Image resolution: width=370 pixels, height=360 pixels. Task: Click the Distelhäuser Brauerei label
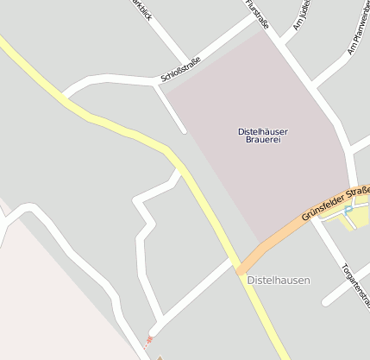263,135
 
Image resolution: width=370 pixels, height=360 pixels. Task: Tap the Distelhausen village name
278,281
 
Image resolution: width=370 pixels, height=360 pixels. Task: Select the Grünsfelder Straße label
336,204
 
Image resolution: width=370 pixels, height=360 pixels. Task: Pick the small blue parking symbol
348,210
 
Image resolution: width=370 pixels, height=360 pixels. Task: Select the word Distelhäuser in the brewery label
263,130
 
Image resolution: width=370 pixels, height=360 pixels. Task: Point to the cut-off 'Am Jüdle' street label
301,16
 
